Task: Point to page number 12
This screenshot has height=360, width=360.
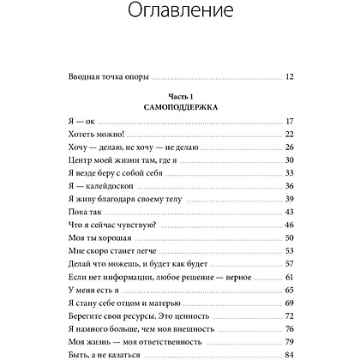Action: [289, 77]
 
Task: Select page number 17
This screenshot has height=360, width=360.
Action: [289, 122]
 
